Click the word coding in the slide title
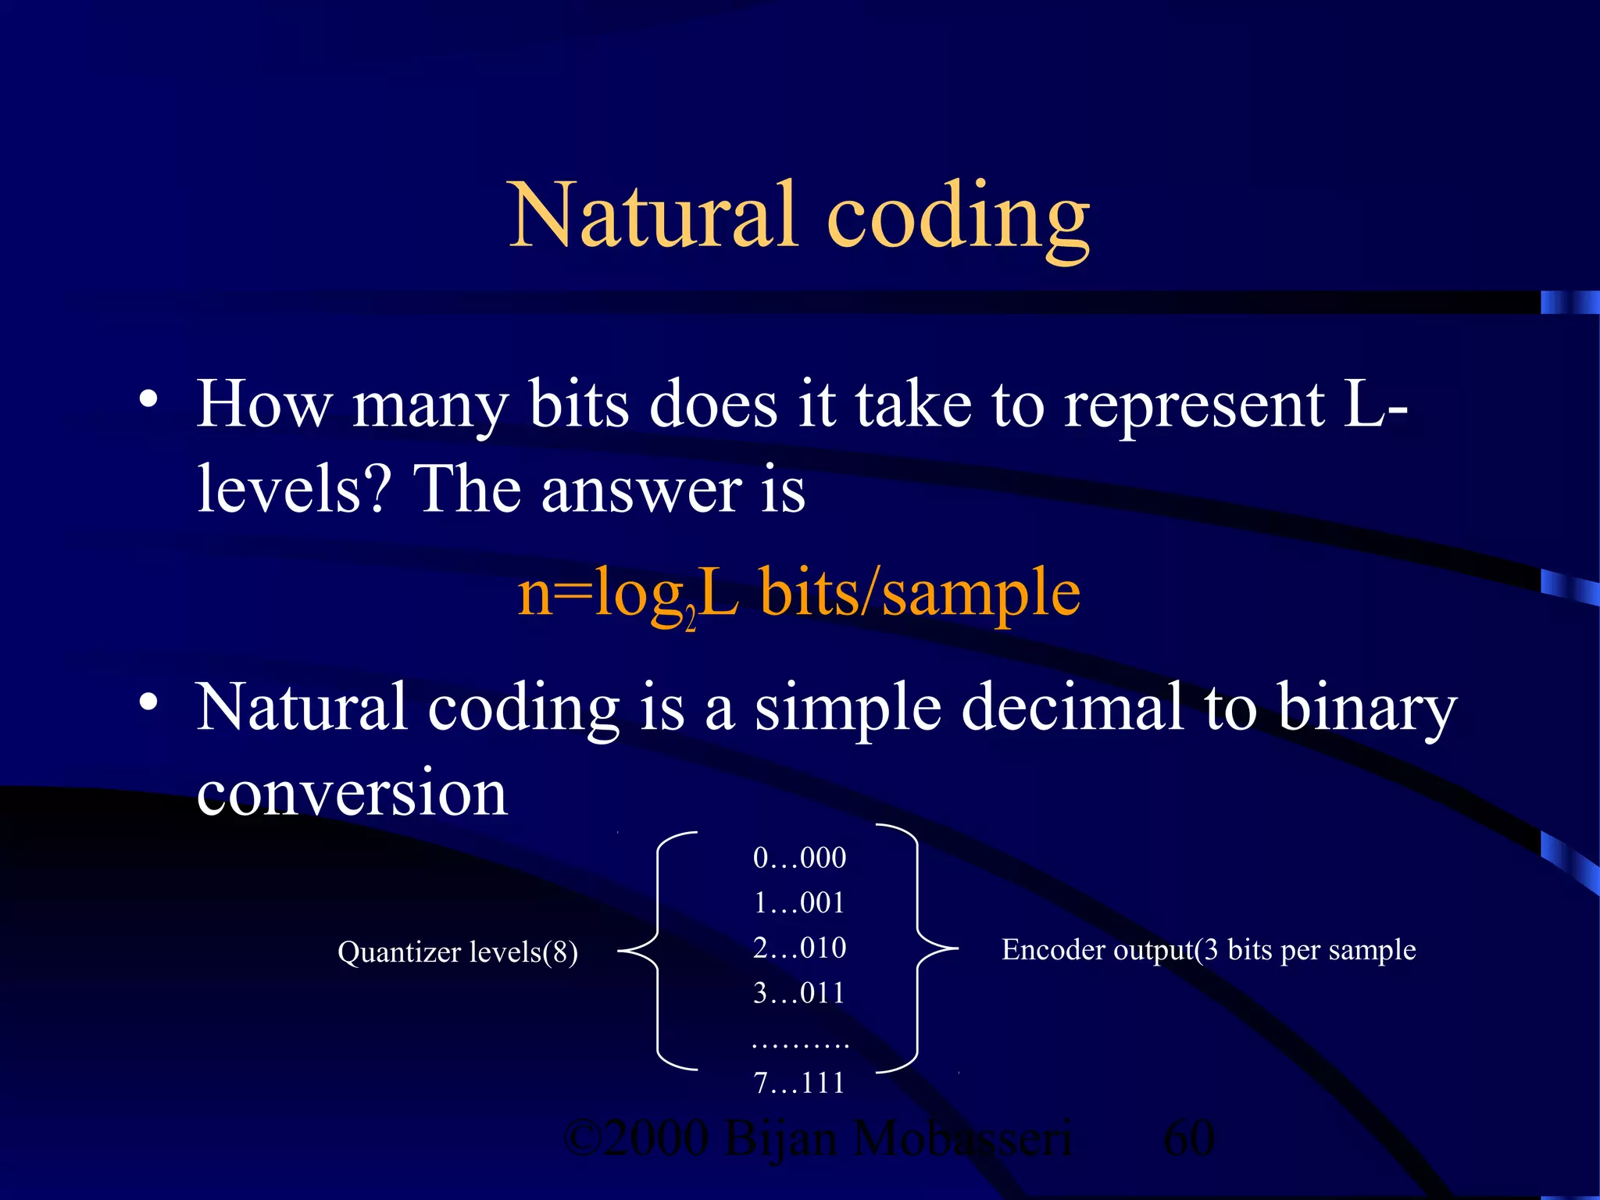pos(958,219)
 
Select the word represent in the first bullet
pos(1195,406)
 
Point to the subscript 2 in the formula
pos(691,622)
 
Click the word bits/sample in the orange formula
pos(920,594)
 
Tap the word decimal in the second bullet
pos(1071,708)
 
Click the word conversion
pos(352,793)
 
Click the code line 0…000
pos(799,858)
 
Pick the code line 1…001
pos(799,903)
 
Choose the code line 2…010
pos(799,948)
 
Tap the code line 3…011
pos(799,993)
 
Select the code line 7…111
pos(799,1083)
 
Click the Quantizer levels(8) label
pos(458,952)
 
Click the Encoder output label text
pos(1208,950)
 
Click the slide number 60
pos(1188,1138)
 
